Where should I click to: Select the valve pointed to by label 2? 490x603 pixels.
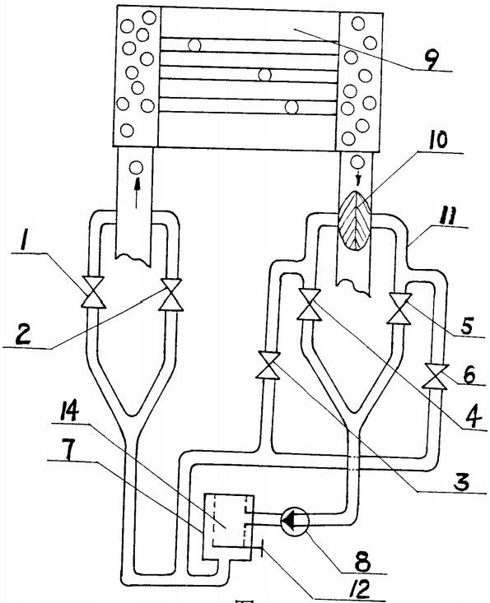(171, 295)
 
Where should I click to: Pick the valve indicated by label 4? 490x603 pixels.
(310, 304)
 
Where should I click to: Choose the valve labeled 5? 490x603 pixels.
(400, 308)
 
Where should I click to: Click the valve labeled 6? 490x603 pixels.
(436, 377)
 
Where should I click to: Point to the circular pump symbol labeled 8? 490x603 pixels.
(295, 521)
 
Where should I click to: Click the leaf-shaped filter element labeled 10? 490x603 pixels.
(354, 221)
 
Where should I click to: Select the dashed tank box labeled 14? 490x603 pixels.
(229, 520)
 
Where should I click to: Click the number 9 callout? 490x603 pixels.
(431, 62)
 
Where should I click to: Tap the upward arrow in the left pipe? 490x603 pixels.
(136, 195)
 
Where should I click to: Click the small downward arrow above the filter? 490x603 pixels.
(359, 179)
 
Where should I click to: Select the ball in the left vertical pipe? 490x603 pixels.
(136, 168)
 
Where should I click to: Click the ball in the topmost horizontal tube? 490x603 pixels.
(195, 45)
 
